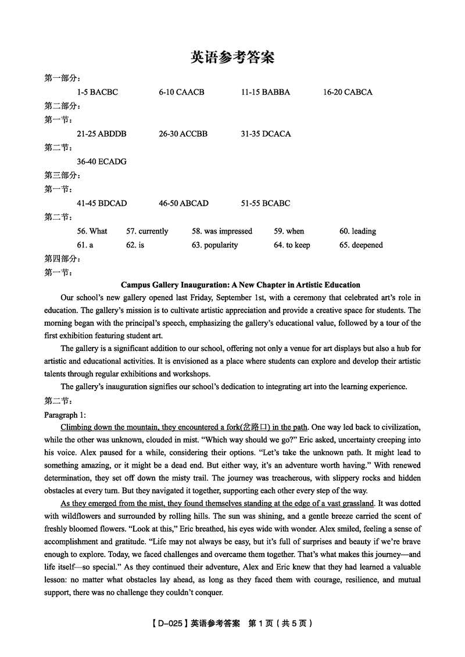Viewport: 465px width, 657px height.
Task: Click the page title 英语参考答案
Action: (x=233, y=58)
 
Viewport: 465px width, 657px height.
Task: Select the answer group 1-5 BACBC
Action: (x=97, y=92)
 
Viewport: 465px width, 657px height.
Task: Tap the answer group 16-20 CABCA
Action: (x=348, y=92)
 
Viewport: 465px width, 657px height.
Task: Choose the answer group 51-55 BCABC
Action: (x=265, y=203)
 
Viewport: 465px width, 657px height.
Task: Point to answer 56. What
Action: (x=92, y=231)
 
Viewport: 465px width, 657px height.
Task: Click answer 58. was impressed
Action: (x=222, y=231)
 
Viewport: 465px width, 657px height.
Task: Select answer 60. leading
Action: (x=357, y=231)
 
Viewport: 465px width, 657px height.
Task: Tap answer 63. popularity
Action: (x=214, y=245)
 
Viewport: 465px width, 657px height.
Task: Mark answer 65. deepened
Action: (x=361, y=245)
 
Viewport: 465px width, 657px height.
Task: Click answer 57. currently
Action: (x=147, y=231)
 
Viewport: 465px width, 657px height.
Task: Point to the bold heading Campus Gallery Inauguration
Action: (x=240, y=285)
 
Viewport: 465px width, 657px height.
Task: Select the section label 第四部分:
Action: (x=62, y=259)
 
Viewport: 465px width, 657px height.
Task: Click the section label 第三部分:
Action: (x=62, y=175)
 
